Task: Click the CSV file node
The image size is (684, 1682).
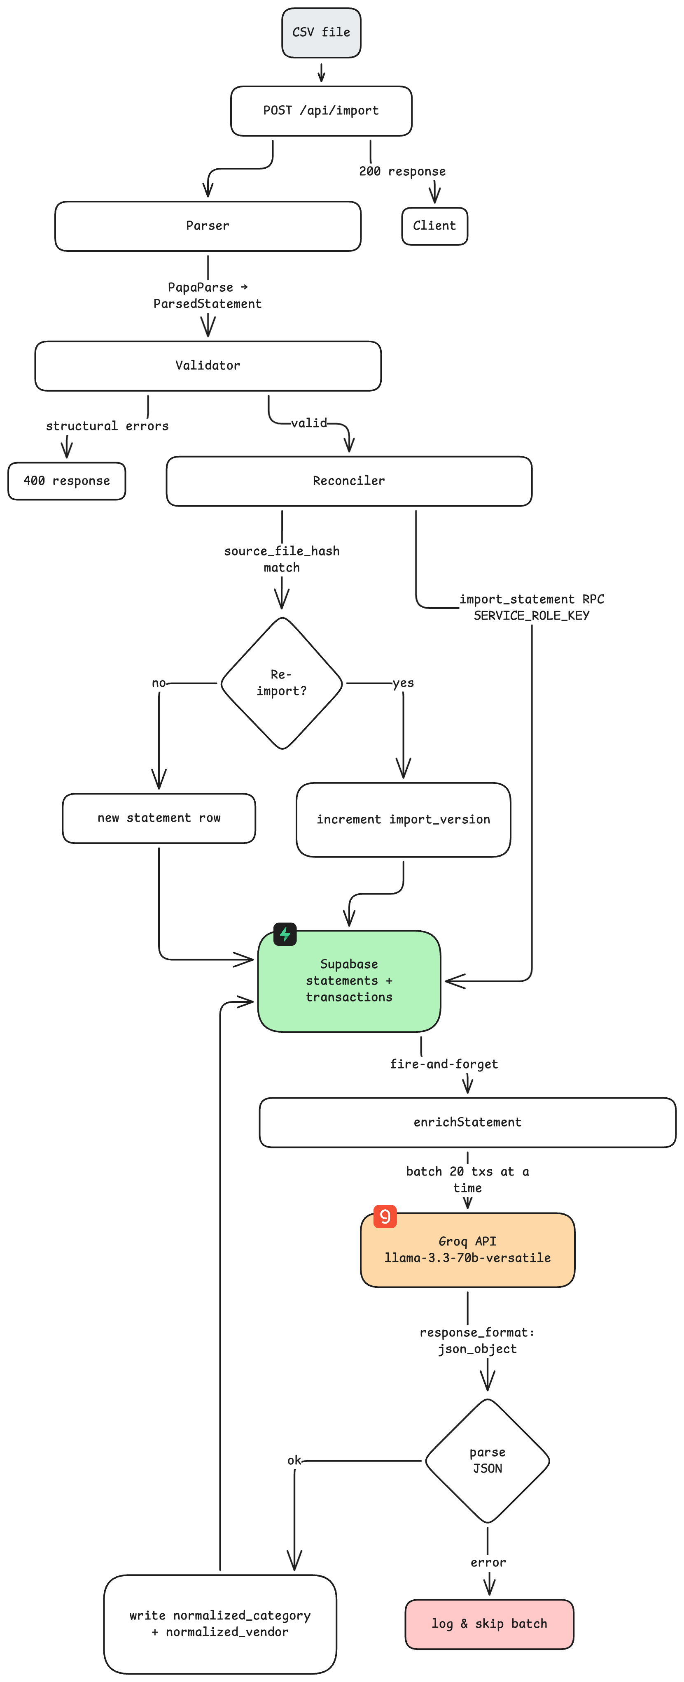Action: (321, 33)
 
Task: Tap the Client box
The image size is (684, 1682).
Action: (434, 226)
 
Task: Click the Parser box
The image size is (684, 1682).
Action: (208, 226)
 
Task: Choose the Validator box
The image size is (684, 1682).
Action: (208, 366)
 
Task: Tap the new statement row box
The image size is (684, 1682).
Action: (159, 818)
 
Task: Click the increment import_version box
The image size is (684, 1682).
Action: (403, 820)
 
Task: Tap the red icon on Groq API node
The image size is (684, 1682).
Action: (385, 1216)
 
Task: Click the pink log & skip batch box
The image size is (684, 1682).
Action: (489, 1624)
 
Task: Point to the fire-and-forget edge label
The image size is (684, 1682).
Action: (444, 1064)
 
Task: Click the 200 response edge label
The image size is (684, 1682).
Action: (402, 172)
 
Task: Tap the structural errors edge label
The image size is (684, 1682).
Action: (107, 426)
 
